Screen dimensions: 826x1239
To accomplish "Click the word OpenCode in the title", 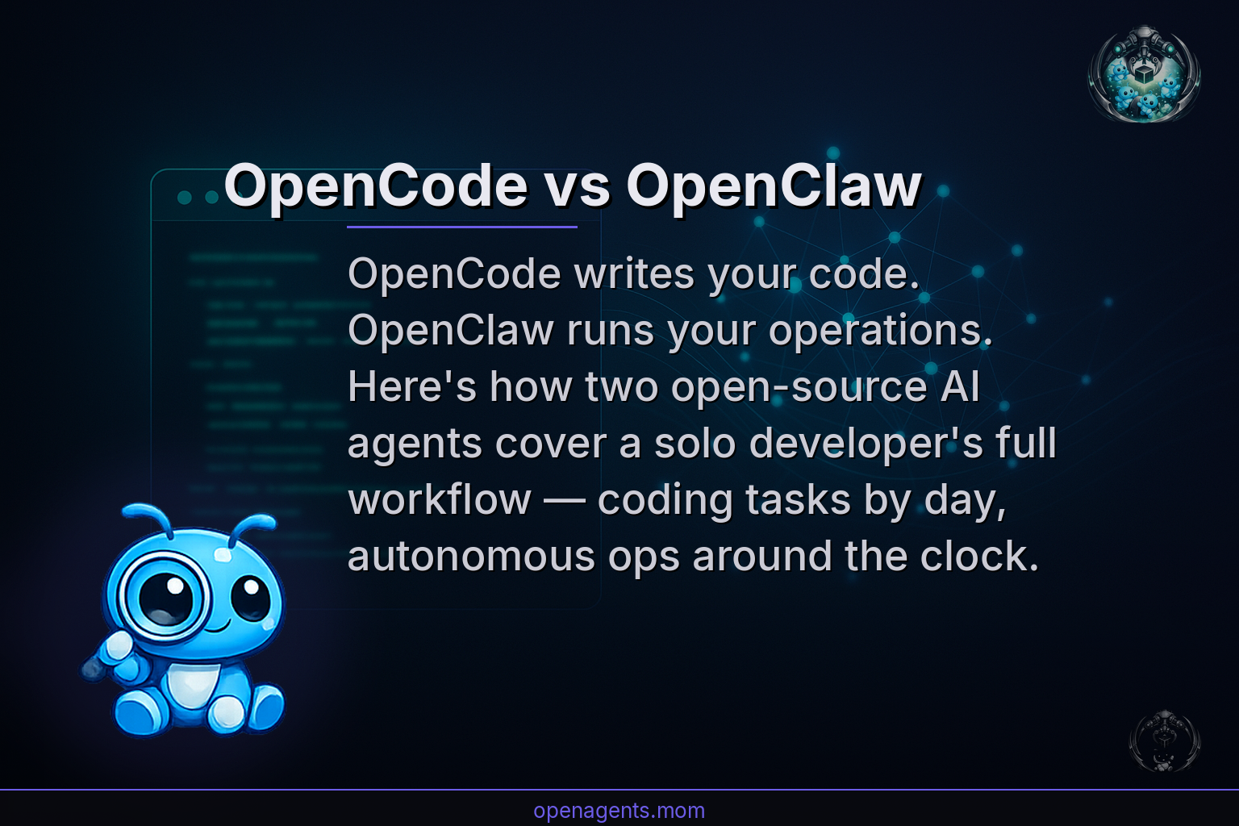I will (376, 186).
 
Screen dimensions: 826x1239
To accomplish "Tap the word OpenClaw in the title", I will (774, 186).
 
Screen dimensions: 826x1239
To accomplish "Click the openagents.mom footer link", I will (619, 810).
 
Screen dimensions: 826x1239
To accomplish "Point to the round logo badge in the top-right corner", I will (1144, 74).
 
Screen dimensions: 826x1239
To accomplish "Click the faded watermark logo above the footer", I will (1164, 740).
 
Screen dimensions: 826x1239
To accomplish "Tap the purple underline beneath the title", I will (461, 227).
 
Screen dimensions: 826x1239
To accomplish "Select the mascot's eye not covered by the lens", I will (250, 598).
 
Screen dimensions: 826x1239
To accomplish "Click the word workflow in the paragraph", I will (440, 500).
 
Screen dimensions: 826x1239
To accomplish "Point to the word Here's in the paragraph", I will (412, 387).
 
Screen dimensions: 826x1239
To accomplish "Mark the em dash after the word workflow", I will (564, 500).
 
